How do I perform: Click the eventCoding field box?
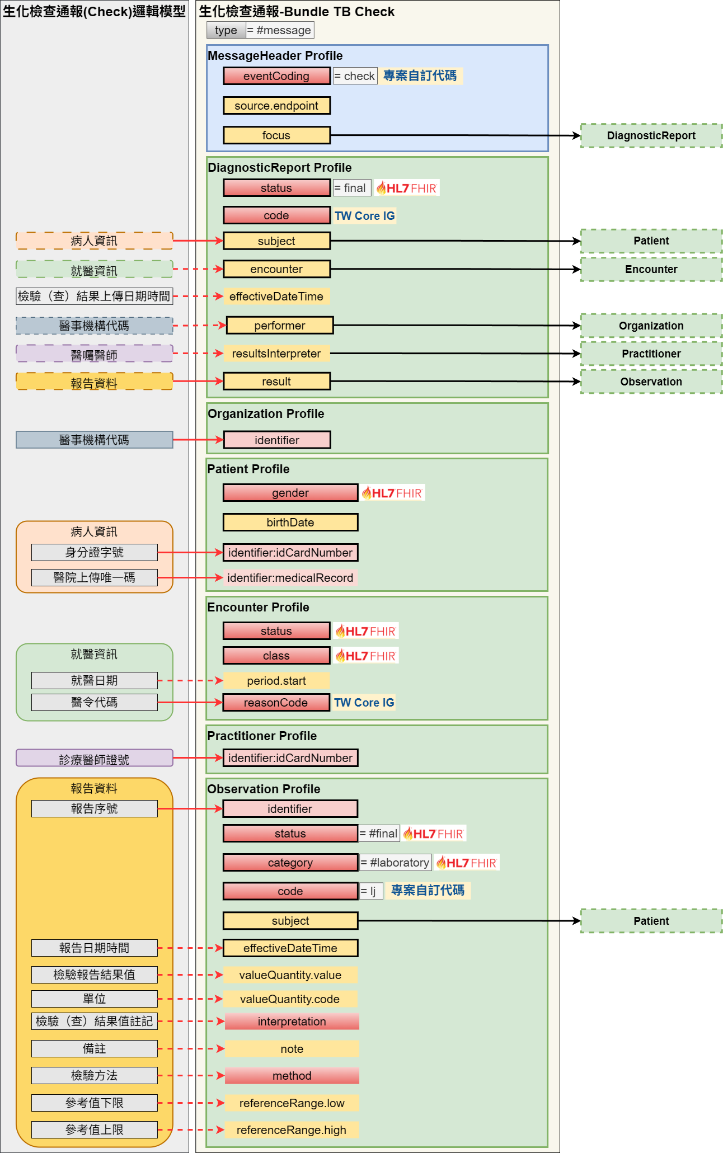(276, 76)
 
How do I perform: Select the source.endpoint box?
(276, 106)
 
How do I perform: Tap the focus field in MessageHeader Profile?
(276, 135)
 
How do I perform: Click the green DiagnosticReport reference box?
(651, 136)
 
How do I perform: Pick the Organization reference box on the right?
(651, 326)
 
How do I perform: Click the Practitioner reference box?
(651, 354)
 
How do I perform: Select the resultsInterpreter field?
(276, 354)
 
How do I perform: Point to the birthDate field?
(290, 523)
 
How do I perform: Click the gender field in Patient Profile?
(290, 493)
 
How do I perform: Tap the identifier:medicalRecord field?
(290, 578)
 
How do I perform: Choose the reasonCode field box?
(276, 703)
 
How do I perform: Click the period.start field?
(276, 681)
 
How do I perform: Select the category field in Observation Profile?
(290, 863)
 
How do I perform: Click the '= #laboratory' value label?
(395, 863)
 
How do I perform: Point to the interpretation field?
(292, 1022)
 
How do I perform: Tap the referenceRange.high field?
(292, 1130)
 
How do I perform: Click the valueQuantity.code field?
(290, 999)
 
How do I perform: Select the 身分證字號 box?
(95, 553)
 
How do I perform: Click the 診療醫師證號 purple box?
(95, 758)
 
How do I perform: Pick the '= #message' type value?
(280, 30)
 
